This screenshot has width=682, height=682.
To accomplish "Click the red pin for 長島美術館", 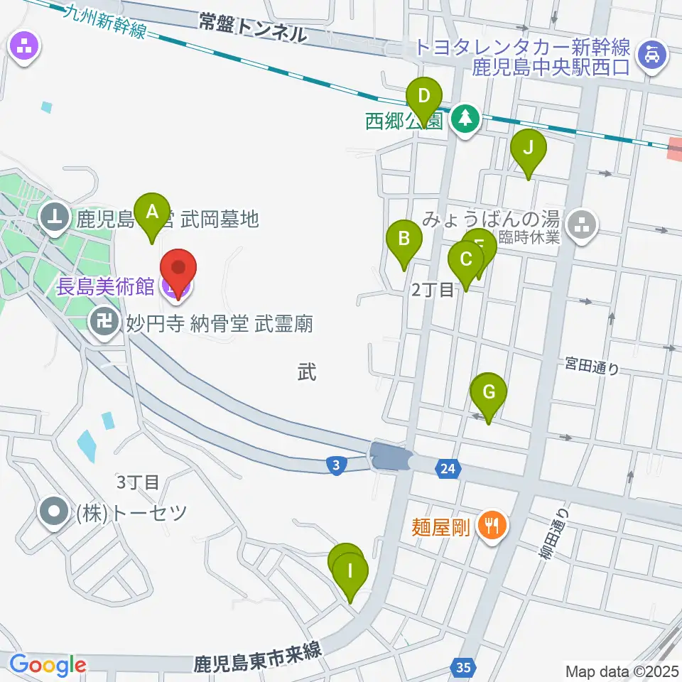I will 178,269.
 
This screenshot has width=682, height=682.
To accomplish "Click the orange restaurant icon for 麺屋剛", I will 490,526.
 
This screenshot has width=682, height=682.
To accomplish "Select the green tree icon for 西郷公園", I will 465,119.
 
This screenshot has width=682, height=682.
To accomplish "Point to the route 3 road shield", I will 336,465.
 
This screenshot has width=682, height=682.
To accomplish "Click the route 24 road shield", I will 447,468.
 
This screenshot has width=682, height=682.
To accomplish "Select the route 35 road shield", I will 462,667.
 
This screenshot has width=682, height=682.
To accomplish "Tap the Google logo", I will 48,665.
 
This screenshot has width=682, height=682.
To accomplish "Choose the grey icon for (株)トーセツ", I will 53,511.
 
